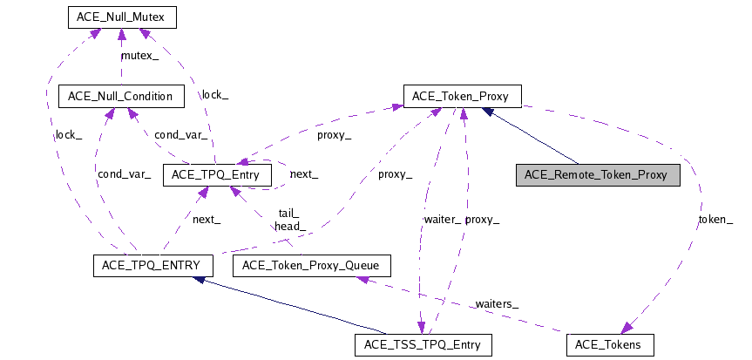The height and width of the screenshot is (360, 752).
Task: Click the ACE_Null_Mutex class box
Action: pos(121,17)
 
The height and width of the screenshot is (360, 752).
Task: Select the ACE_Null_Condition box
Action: pos(119,96)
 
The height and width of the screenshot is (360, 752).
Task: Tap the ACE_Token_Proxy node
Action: pos(462,96)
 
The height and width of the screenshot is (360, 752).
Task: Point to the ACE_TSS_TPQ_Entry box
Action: pos(423,345)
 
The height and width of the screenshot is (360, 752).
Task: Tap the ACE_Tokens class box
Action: pos(608,345)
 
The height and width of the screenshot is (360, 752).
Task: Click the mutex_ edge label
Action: pos(139,55)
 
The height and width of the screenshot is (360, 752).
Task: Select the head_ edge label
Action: pos(289,227)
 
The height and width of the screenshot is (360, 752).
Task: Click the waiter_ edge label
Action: pos(443,221)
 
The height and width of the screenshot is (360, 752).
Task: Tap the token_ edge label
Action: pos(716,221)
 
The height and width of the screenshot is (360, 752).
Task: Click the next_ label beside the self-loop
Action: pos(303,174)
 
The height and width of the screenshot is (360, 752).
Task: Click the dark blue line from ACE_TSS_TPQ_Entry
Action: pos(288,305)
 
